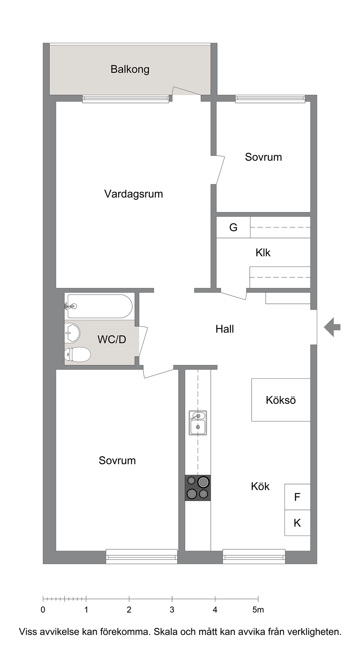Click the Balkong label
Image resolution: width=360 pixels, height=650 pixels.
[x=130, y=70]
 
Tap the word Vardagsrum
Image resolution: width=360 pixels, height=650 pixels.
[x=133, y=194]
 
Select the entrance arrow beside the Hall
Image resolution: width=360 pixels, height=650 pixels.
[x=332, y=327]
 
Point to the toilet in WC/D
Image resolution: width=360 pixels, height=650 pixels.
[x=77, y=354]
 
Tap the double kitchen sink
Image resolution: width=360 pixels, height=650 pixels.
[x=198, y=423]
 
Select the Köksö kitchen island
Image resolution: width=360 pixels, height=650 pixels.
[x=281, y=400]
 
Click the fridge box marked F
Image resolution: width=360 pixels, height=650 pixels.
[x=297, y=497]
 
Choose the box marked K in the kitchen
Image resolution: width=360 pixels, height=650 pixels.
[x=297, y=523]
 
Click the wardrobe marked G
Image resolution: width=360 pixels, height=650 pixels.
[x=233, y=227]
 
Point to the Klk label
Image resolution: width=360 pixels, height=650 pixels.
[x=263, y=253]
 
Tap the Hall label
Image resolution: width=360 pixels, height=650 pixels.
[x=225, y=329]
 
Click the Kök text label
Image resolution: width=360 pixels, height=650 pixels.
[x=260, y=486]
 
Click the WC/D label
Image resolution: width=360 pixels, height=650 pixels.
[x=112, y=339]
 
